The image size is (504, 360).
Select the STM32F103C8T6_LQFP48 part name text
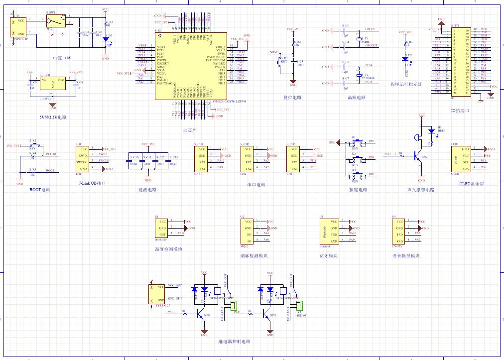point(229,101)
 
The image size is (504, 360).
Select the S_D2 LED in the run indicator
point(404,59)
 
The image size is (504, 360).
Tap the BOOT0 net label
point(51,154)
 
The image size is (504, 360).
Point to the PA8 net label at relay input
point(171,312)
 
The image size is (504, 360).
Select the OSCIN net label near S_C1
point(370,30)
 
